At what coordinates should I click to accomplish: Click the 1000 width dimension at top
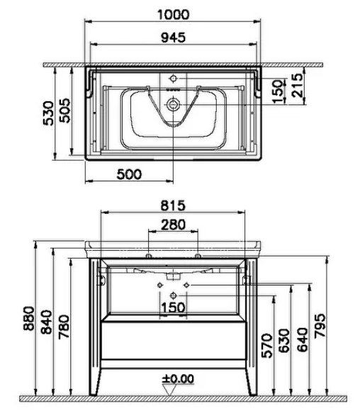tap(173, 14)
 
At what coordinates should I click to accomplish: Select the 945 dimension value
tap(173, 38)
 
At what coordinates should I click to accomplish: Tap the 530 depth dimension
tap(49, 113)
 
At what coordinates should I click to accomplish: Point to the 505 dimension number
tap(65, 111)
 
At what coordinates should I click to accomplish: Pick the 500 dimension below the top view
tap(129, 174)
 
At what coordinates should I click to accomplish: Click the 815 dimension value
tap(173, 205)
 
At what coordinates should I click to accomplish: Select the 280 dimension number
tap(173, 225)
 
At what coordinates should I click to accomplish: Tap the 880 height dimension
tap(29, 318)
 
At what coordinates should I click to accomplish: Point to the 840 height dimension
tap(47, 322)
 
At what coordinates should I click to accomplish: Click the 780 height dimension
tap(64, 327)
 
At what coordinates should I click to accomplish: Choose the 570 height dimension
tap(267, 346)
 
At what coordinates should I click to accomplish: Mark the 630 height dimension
tap(285, 340)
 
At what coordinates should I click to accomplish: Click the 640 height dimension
tap(303, 340)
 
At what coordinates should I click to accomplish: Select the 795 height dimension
tap(320, 325)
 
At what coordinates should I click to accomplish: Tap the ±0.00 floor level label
tap(178, 379)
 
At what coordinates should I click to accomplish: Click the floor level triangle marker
tap(169, 390)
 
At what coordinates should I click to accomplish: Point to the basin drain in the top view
tap(173, 105)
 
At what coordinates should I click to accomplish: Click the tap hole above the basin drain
tap(173, 78)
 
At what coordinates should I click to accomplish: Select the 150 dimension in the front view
tap(173, 307)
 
